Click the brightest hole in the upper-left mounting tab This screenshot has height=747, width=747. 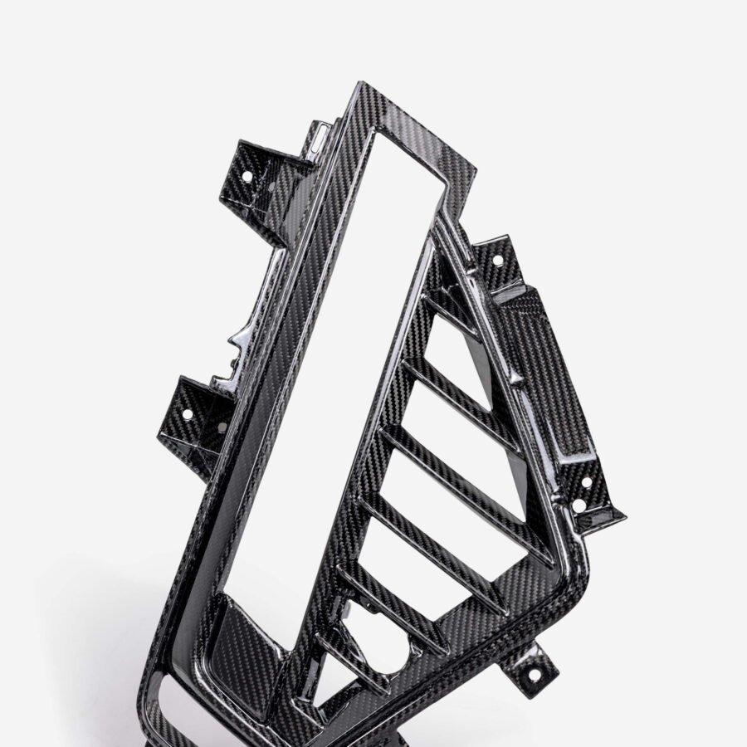click(247, 176)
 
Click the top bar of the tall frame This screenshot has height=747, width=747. click(415, 124)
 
